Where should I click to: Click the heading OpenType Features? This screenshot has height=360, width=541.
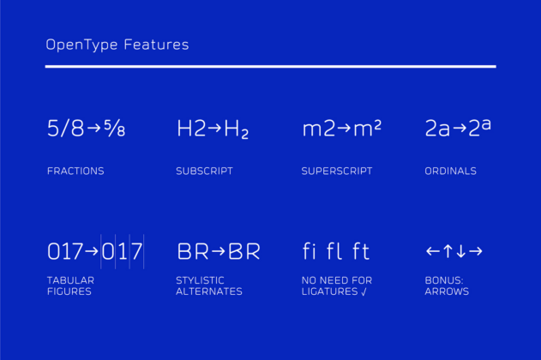117,45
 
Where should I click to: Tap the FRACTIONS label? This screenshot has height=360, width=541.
75,171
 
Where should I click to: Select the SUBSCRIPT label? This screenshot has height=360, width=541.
204,171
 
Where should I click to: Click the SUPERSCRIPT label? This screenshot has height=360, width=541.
337,171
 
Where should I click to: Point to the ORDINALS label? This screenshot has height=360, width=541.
451,171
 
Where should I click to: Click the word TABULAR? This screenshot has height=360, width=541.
70,280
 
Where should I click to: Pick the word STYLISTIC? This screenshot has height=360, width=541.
200,280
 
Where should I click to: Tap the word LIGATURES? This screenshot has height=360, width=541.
330,291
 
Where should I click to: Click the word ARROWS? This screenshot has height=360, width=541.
447,291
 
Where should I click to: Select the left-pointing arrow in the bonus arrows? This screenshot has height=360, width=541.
433,251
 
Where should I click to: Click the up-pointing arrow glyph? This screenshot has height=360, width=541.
448,251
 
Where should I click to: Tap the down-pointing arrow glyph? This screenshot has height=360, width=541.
461,251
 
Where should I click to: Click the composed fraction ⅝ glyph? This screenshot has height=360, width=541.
114,129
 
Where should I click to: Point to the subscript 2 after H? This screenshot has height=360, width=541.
244,134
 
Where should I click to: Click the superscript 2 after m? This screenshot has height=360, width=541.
377,125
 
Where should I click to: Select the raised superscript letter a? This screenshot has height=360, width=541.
486,125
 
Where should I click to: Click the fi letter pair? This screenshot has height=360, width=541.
309,251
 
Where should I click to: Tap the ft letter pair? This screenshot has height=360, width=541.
361,251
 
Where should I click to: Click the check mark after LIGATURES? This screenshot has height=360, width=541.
364,291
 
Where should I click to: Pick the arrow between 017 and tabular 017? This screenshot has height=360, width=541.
92,251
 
